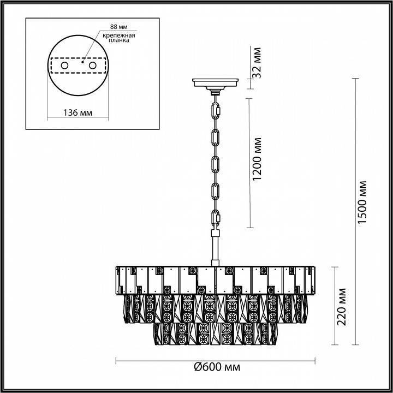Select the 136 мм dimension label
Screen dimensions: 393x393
click(x=77, y=112)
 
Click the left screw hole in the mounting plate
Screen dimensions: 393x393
click(x=64, y=65)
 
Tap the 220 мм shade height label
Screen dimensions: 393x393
click(x=343, y=307)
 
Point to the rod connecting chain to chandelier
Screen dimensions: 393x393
click(x=216, y=248)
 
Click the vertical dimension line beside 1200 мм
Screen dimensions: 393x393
click(x=249, y=163)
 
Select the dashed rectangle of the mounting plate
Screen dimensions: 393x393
click(x=77, y=65)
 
